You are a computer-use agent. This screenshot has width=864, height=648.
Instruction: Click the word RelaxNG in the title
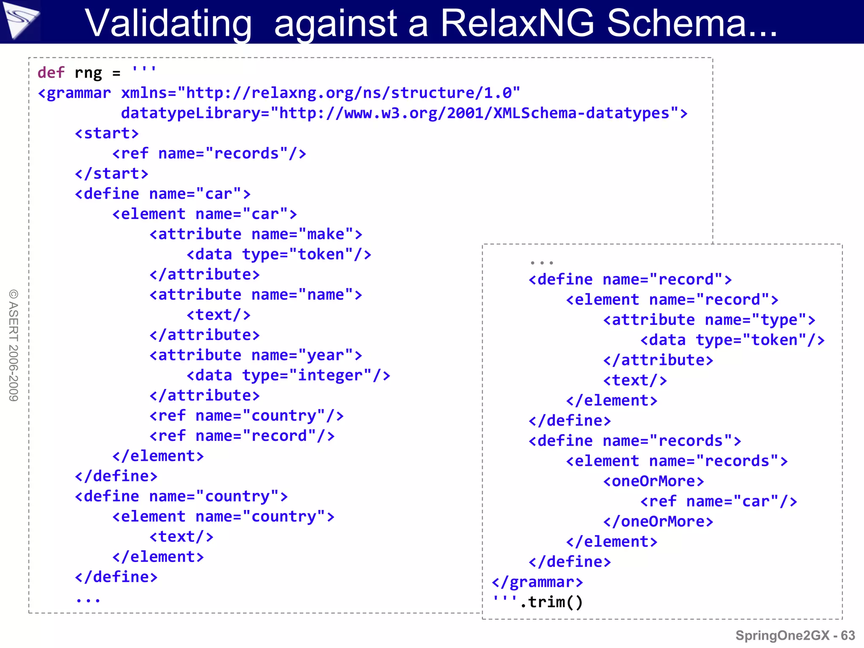point(517,23)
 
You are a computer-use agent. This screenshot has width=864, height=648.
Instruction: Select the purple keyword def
point(51,73)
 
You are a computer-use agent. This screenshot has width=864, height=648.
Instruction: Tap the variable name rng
point(88,73)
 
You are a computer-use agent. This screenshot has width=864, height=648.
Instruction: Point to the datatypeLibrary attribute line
point(404,113)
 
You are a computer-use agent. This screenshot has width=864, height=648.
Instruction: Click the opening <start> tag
point(107,133)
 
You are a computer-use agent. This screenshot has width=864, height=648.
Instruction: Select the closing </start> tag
point(111,174)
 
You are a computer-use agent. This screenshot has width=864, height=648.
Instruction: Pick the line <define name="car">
point(162,194)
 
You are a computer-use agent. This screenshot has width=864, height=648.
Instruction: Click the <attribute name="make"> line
point(256,234)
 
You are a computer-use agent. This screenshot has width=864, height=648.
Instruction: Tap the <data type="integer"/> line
point(288,375)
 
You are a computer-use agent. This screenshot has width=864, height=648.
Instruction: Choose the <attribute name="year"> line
point(256,355)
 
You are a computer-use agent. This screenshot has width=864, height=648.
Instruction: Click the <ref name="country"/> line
point(246,416)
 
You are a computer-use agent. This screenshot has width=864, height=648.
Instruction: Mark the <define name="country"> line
point(181,497)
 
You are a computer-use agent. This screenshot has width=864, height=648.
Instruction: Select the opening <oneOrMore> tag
point(653,481)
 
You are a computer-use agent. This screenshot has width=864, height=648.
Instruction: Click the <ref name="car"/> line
point(718,502)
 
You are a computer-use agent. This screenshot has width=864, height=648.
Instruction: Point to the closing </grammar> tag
point(537,582)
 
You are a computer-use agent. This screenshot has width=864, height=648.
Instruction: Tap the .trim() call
point(551,602)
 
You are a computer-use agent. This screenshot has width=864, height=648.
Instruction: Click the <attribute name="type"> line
point(709,320)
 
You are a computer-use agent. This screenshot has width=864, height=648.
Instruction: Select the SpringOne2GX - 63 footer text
point(795,635)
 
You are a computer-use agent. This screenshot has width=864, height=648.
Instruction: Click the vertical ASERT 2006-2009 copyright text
point(13,345)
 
